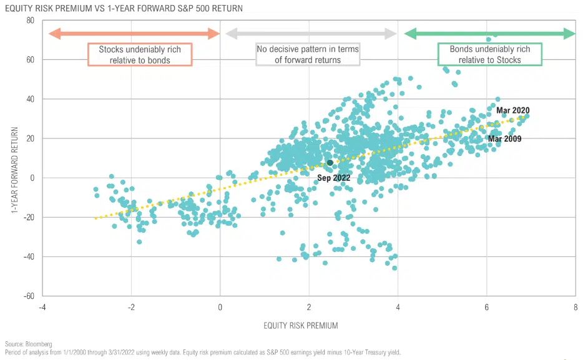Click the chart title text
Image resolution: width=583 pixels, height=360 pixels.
point(122,8)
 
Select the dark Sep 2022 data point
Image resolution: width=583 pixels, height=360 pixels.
point(330,163)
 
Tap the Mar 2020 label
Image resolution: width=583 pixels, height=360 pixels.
point(513,110)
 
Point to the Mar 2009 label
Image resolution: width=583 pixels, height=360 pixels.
point(504,139)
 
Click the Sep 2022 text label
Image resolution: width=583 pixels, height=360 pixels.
point(334,178)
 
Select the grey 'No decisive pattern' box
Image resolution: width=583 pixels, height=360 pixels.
point(308,55)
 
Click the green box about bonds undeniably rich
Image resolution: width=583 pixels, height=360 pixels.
point(489,55)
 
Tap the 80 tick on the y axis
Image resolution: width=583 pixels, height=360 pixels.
point(29,21)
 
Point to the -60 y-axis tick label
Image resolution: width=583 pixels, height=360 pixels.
point(27,296)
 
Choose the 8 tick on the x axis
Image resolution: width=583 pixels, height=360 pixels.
point(576,307)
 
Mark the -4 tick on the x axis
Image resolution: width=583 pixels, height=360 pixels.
point(41,307)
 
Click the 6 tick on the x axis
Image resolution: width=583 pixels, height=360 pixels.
point(486,307)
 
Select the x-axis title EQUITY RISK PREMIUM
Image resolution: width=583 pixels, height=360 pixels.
point(301,325)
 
